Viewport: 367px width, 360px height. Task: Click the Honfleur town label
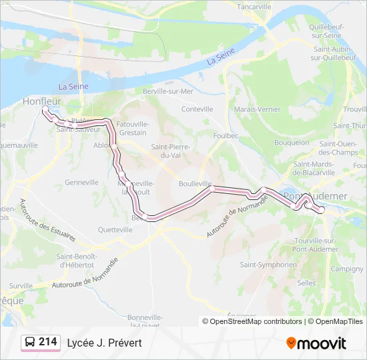point(41,101)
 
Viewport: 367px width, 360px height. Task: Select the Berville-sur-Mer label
point(167,91)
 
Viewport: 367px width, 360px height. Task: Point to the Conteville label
point(197,109)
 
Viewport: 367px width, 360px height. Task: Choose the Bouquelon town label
point(292,142)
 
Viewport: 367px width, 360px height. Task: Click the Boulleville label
point(196,183)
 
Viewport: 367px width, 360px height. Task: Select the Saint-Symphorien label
point(268,265)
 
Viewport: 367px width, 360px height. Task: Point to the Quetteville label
point(115,229)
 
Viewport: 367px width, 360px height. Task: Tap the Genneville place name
point(81,182)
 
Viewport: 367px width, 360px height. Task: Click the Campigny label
point(347,269)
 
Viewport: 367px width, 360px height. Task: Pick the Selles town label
point(306,283)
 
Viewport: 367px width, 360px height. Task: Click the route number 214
point(47,342)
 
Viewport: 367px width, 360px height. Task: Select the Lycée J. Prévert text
point(104,343)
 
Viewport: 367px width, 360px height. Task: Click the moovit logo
point(316,343)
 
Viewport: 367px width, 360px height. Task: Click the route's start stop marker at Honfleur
point(45,109)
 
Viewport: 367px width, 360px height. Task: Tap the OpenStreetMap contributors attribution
point(256,321)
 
